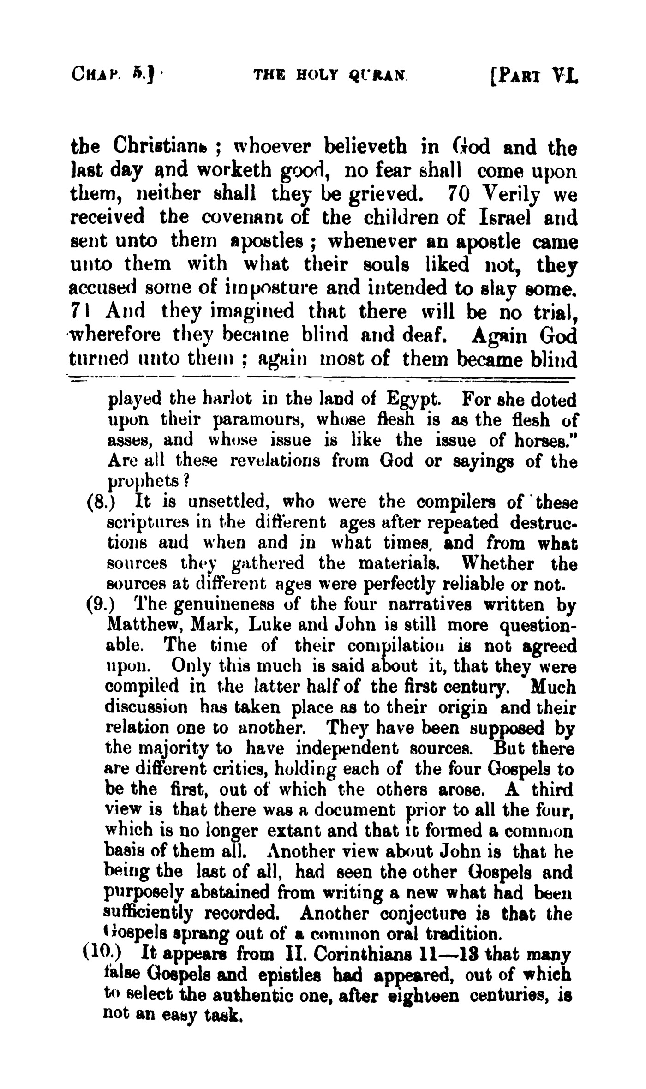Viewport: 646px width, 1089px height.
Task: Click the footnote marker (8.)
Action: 98,502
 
